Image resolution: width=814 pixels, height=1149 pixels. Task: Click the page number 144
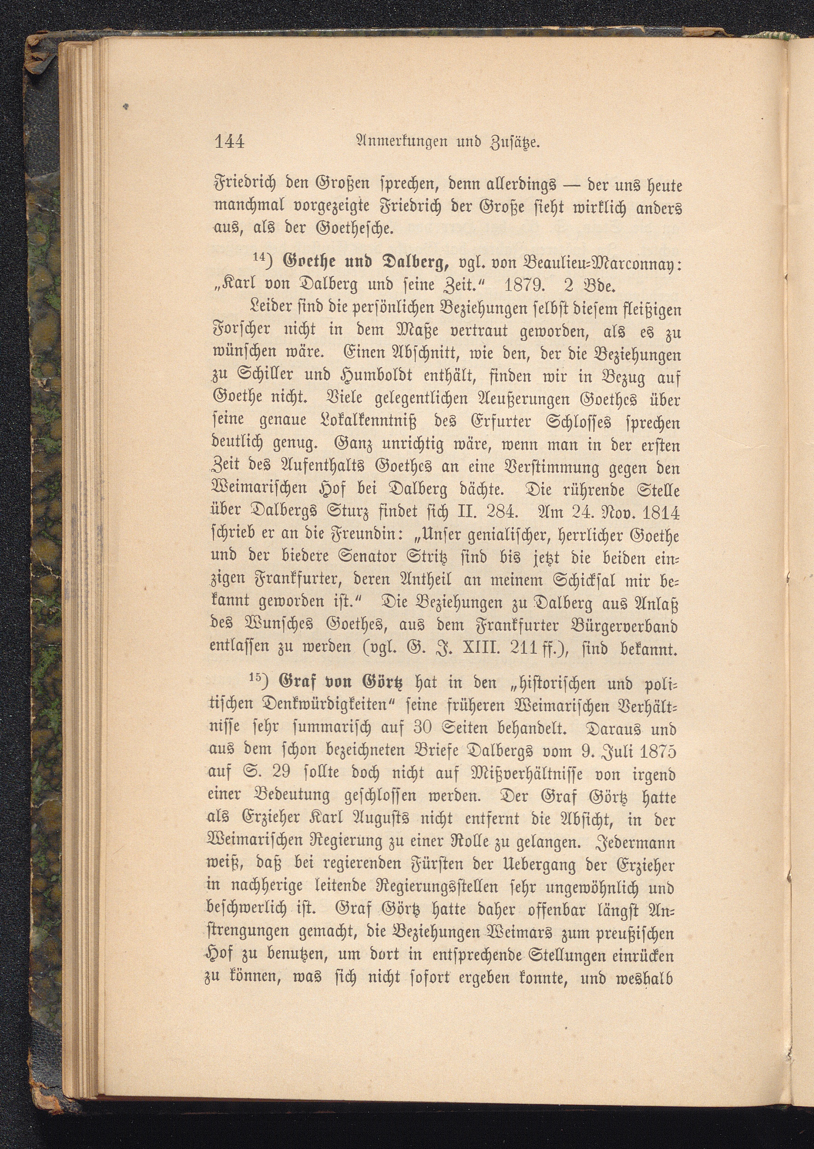coord(229,142)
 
